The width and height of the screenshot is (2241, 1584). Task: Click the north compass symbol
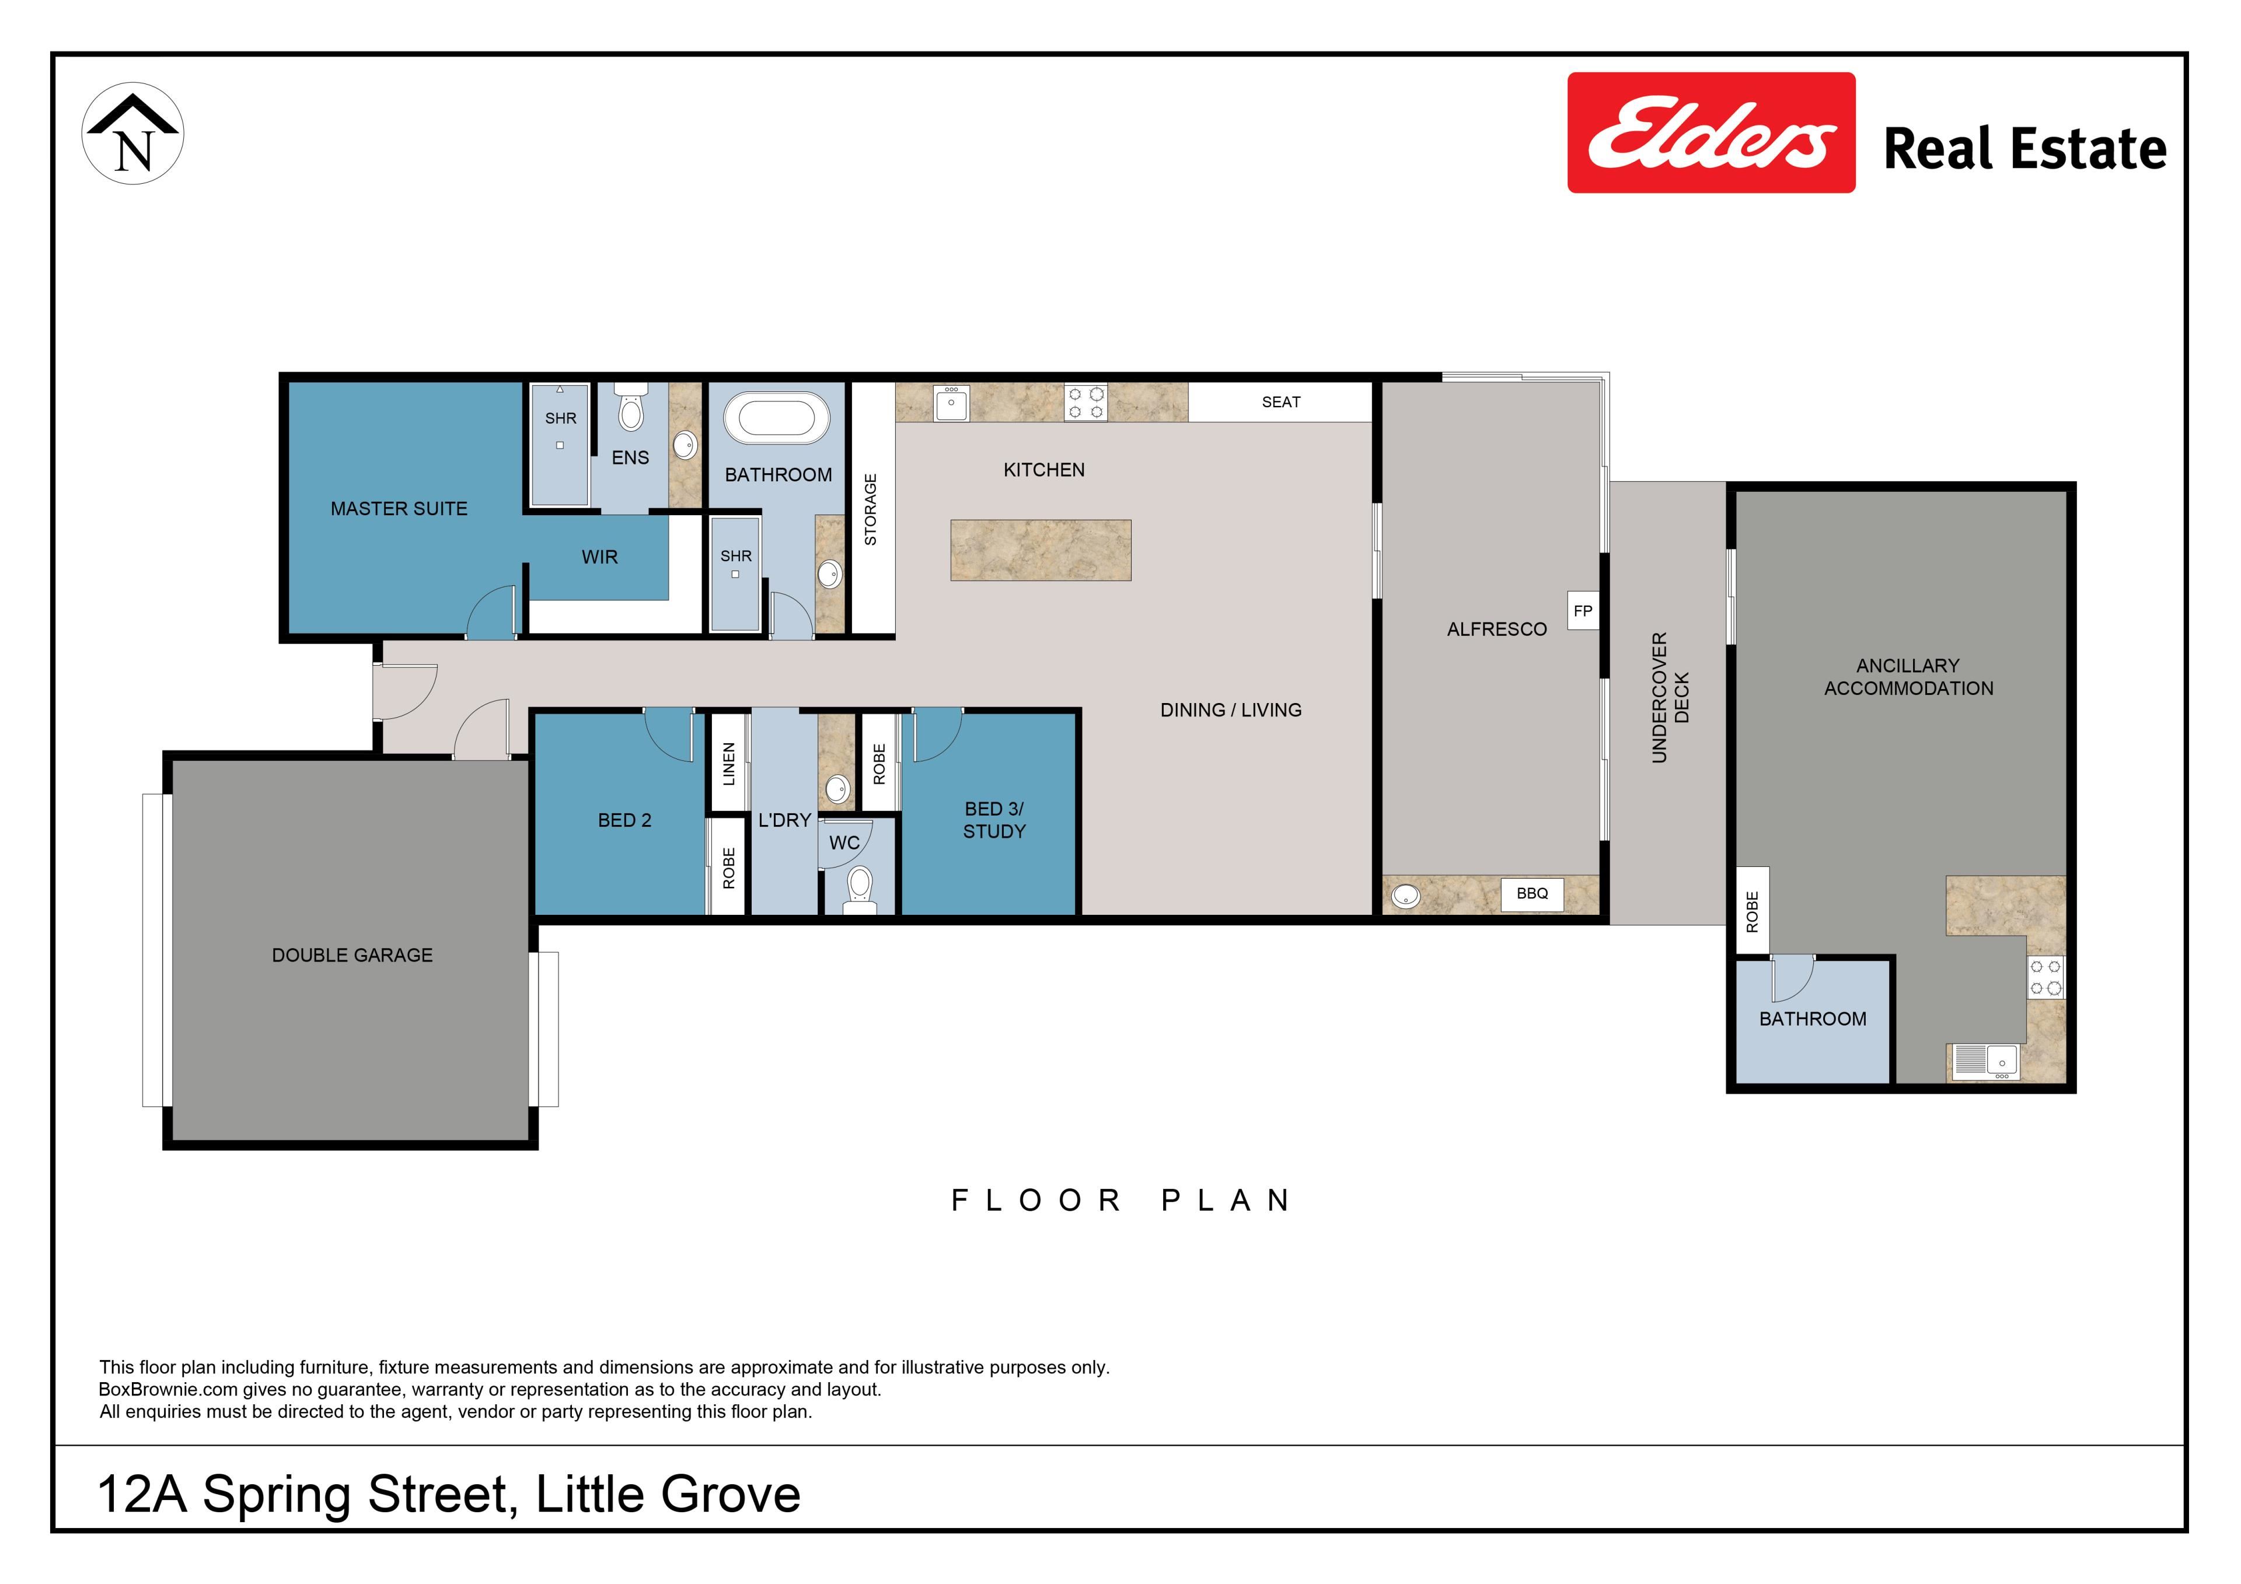132,134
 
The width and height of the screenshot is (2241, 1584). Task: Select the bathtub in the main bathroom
777,419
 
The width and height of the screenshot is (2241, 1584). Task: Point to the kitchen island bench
1041,550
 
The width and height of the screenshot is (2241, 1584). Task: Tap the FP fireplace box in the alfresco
1583,611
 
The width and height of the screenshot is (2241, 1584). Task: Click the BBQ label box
1533,893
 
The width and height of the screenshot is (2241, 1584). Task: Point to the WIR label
599,557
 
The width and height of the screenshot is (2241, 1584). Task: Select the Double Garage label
352,956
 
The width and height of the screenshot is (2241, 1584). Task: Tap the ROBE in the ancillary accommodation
1752,911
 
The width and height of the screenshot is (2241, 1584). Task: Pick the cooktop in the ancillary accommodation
2046,978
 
